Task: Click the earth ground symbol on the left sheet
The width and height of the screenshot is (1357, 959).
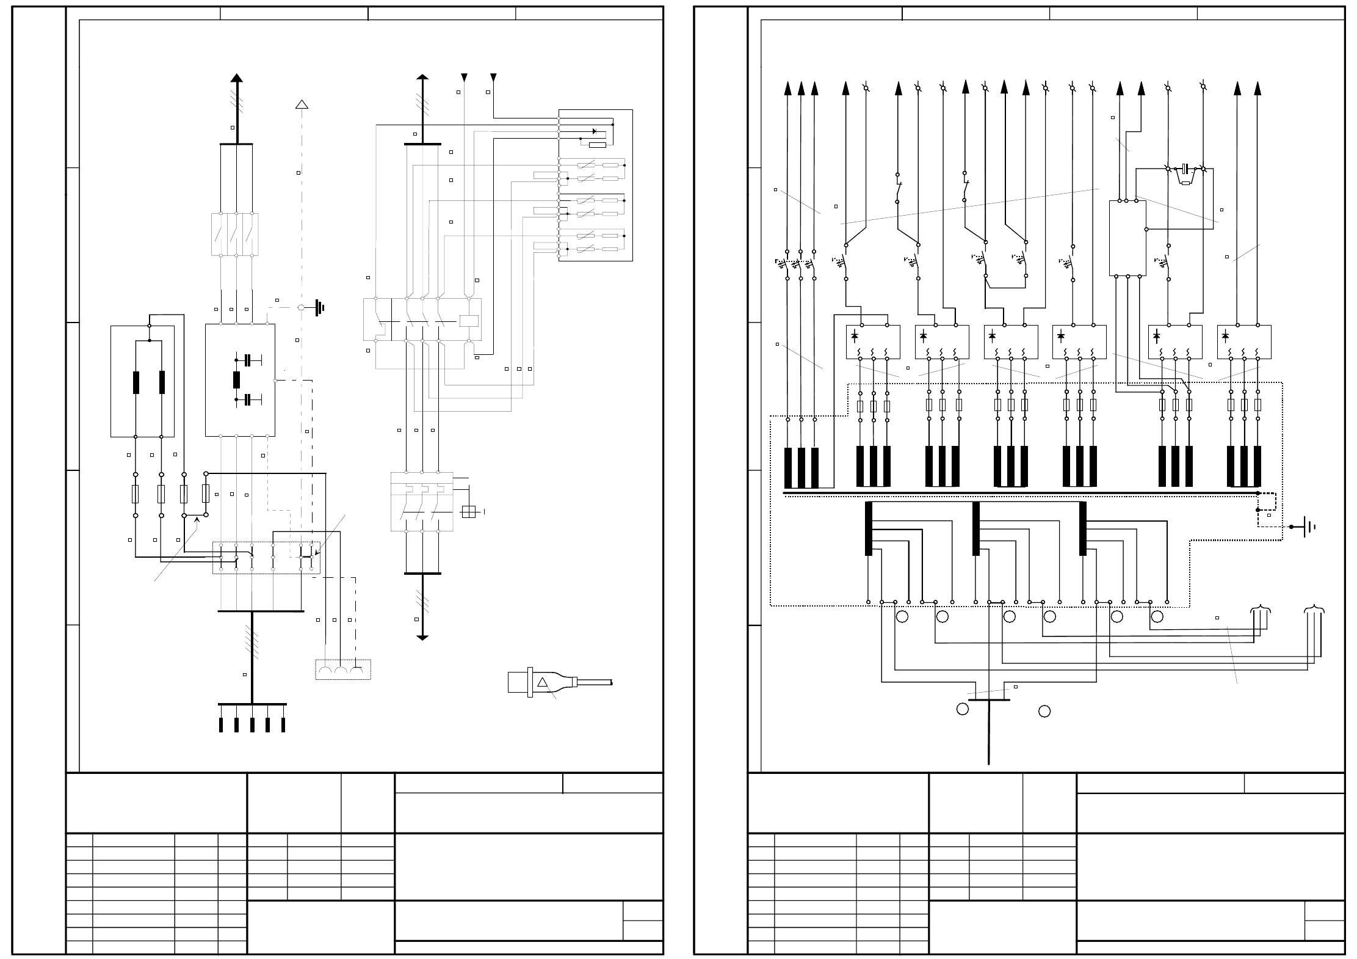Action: (319, 308)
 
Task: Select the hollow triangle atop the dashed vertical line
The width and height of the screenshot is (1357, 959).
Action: (302, 104)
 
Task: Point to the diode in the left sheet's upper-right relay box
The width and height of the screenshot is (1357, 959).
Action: (595, 131)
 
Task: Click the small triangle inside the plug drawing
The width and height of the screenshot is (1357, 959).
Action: (542, 682)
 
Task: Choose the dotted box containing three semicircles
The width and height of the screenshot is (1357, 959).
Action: (343, 669)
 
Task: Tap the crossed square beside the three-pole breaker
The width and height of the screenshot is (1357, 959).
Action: (469, 512)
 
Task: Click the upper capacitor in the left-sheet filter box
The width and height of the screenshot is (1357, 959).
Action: (248, 360)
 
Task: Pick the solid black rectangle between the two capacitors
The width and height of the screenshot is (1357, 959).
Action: (237, 380)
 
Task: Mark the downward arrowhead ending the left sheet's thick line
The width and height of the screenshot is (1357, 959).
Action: (422, 638)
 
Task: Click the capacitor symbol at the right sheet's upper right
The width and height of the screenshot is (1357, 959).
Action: (1185, 167)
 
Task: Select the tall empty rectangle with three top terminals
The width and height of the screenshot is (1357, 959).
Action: (1127, 238)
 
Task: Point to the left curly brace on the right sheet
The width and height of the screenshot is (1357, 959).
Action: (1261, 609)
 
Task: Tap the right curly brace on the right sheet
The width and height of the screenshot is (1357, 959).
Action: (1314, 609)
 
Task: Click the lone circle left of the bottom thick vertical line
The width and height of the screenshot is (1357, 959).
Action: (963, 709)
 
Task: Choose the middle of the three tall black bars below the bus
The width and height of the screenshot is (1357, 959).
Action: (975, 529)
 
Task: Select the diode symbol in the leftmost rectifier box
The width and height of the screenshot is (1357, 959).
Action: (855, 335)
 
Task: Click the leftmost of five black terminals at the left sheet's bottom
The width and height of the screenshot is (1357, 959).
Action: (221, 725)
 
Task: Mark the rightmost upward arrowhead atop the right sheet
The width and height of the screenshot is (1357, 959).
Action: (1257, 89)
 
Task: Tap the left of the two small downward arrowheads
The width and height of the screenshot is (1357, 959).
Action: (465, 78)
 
